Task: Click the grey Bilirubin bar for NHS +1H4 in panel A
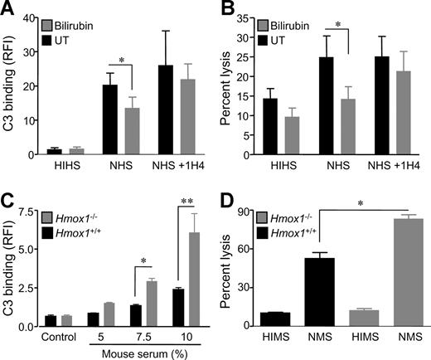tap(188, 117)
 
